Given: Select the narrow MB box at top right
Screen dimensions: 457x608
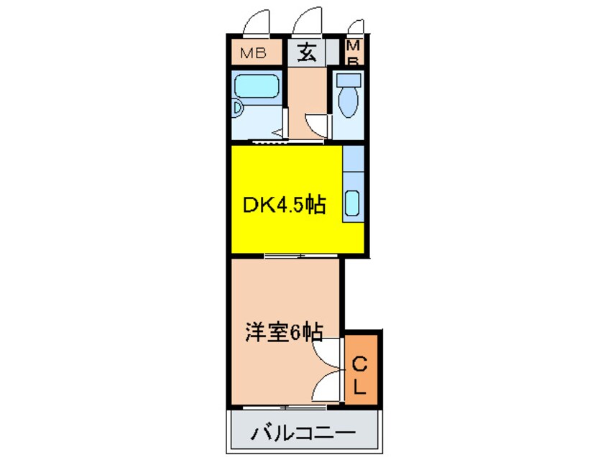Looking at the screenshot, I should coord(354,52).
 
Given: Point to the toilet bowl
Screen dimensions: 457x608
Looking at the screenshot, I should coord(347,103).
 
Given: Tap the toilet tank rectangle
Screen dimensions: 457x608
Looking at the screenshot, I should coord(347,79).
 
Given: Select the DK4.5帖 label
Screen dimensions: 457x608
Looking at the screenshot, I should coord(283,206).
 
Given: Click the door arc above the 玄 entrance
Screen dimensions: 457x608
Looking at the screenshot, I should coord(308,20).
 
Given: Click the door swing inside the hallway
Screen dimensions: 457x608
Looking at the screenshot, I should coord(318,124).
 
